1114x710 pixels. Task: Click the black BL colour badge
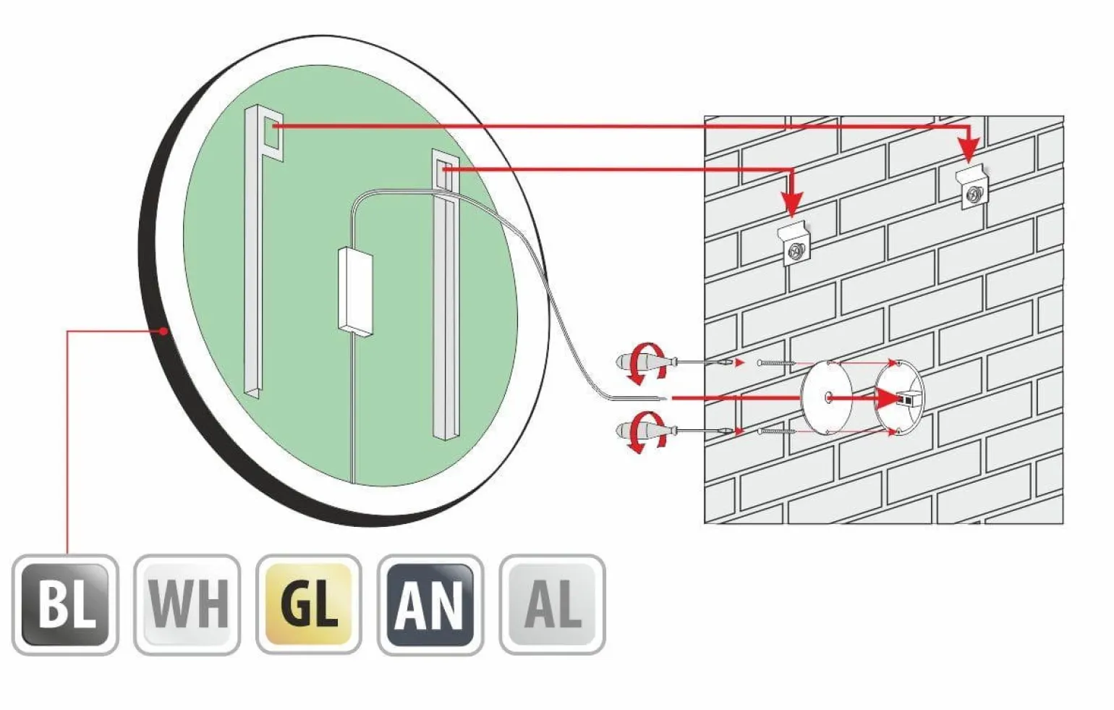[65, 604]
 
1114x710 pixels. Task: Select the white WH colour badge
[187, 604]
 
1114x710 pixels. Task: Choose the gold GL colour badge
[309, 604]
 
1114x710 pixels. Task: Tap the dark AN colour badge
[430, 604]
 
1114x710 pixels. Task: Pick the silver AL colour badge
[553, 604]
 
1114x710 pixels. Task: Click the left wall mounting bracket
[795, 246]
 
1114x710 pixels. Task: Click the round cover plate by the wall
[828, 397]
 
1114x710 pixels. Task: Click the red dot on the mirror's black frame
[164, 331]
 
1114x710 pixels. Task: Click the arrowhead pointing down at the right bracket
[969, 150]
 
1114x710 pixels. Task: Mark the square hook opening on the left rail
[273, 135]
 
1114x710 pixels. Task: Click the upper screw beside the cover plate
[775, 363]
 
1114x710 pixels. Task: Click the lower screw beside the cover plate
[775, 432]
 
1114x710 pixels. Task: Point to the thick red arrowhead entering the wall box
[887, 398]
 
